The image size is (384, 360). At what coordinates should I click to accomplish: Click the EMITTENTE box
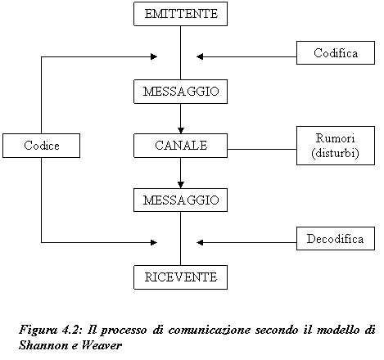click(180, 14)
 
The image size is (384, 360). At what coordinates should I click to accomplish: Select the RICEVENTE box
click(180, 277)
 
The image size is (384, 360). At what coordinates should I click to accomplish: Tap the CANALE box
click(180, 146)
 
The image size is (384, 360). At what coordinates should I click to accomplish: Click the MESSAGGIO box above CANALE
click(180, 92)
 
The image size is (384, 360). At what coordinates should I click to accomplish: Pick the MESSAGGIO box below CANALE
click(180, 200)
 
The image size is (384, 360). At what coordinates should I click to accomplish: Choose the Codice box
click(41, 146)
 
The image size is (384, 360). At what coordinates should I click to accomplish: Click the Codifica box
click(336, 52)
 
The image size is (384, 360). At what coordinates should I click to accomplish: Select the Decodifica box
click(336, 238)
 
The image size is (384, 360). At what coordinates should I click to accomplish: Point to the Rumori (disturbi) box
click(336, 146)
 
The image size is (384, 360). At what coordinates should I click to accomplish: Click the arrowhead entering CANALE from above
click(181, 130)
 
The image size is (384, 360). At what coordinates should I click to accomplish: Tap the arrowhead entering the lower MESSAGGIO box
click(181, 185)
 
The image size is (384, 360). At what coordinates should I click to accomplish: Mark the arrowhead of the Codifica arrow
click(200, 56)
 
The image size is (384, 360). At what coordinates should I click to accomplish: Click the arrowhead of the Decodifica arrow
click(200, 242)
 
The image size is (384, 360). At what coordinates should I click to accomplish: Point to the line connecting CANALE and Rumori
click(262, 149)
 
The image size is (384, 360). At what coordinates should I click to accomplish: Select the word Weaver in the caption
click(102, 345)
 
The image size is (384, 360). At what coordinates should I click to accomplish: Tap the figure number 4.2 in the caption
click(72, 330)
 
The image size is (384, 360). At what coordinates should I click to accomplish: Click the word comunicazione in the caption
click(210, 330)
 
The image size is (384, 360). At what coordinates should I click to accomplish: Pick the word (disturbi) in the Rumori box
click(335, 153)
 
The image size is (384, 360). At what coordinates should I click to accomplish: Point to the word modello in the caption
click(337, 330)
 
